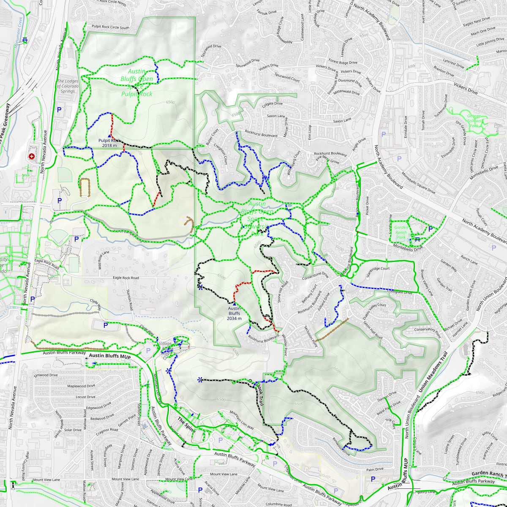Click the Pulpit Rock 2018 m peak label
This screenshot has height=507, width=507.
point(109,143)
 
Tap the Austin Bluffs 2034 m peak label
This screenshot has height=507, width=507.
point(234,313)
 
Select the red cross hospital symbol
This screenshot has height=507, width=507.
point(31,156)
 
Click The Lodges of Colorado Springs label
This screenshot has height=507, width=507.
point(68,86)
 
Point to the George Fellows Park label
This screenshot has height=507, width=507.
point(474,121)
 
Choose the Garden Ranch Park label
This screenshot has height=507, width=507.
point(401,232)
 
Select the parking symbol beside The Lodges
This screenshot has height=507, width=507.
point(59,110)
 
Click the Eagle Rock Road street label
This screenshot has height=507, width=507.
point(126,278)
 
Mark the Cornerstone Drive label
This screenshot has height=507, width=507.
point(315,276)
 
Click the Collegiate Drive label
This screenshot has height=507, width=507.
point(400,292)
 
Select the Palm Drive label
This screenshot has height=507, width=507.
point(375,469)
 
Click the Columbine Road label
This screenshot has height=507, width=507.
point(279,504)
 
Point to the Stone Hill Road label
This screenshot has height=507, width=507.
point(282,292)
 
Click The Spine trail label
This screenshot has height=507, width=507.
point(186,425)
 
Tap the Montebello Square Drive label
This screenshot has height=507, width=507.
point(418,183)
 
